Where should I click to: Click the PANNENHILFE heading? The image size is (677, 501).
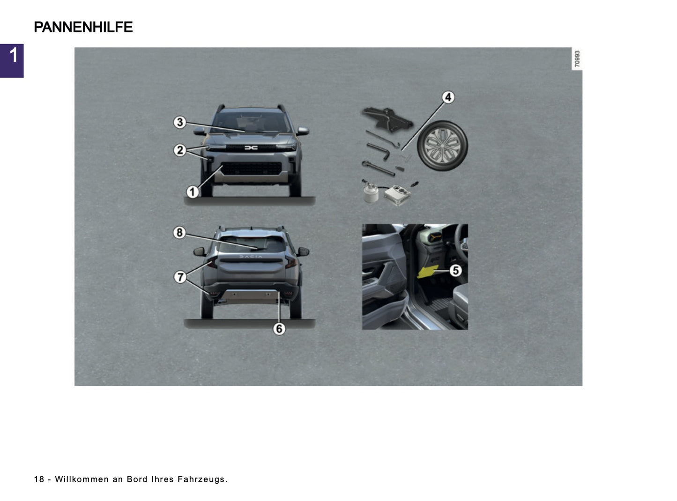coord(83,27)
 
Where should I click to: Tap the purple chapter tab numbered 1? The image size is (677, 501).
coord(12,60)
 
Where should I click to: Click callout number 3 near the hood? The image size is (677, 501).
coord(180,122)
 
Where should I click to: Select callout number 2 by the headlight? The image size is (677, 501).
coord(180,150)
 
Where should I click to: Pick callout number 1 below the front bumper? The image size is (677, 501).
coord(192,192)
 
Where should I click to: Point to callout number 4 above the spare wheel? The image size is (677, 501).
coord(448,97)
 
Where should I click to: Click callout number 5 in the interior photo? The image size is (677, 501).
coord(455,270)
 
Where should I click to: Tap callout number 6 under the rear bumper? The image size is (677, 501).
coord(279,329)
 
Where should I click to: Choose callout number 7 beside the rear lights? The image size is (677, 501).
coord(180,277)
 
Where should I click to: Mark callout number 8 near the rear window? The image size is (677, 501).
coord(179,232)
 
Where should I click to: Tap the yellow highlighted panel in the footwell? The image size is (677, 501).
coord(427,272)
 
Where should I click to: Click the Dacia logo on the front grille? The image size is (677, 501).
coord(251,148)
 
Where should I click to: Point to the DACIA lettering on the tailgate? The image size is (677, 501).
coord(251,257)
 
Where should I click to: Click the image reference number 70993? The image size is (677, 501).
coord(577,59)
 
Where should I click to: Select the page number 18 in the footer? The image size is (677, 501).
coord(39,479)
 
